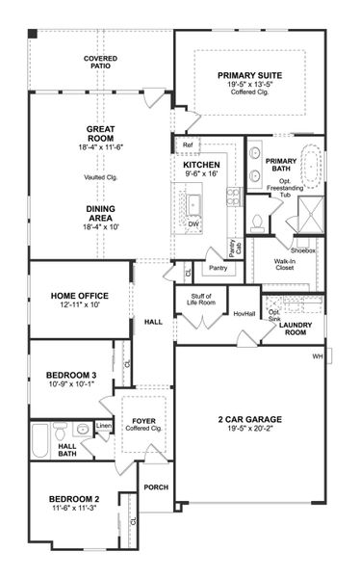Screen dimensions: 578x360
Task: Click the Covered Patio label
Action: [100, 64]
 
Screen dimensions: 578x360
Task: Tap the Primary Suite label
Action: [249, 74]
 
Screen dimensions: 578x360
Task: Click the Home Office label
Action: [79, 295]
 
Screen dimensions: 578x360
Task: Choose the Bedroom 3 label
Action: [69, 374]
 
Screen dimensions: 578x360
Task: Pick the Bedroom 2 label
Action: [74, 498]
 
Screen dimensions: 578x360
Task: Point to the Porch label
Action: [156, 487]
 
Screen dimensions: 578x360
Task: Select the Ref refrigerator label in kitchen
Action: [186, 145]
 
